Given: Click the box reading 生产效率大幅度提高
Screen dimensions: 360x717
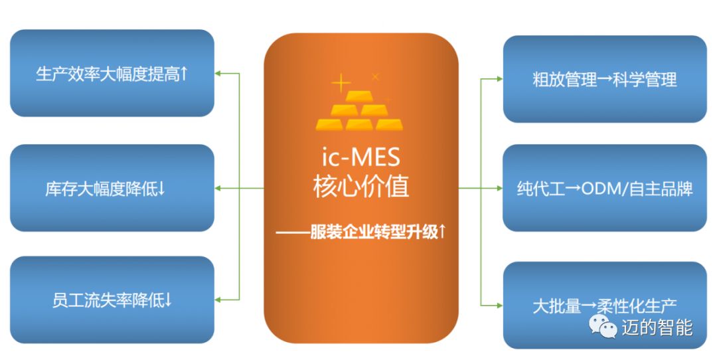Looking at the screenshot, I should (112, 73).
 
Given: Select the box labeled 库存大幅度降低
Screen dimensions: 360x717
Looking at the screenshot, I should (112, 189).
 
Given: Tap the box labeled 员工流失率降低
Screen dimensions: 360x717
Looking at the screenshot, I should (112, 300).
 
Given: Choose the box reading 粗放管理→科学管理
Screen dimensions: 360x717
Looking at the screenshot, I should (604, 79).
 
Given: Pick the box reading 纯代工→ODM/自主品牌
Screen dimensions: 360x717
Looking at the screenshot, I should (604, 189).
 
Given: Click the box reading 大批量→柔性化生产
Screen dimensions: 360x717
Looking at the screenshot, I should (604, 306).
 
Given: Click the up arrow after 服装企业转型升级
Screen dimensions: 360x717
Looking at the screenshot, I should (442, 232).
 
